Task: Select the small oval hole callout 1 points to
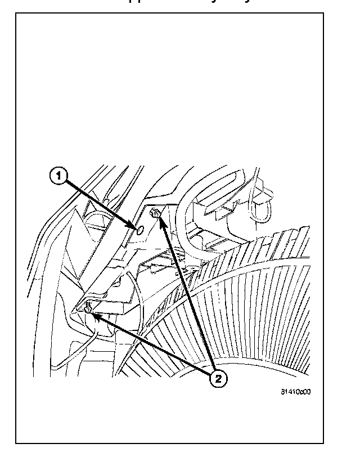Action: tap(138, 227)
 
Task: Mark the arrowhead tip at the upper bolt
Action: tap(159, 217)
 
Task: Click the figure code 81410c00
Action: tap(296, 392)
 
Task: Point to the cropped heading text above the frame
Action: tap(180, 3)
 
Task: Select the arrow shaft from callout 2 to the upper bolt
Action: tap(186, 293)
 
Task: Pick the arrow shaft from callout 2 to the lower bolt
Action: tap(152, 346)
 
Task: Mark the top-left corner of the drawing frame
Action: tap(17, 12)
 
